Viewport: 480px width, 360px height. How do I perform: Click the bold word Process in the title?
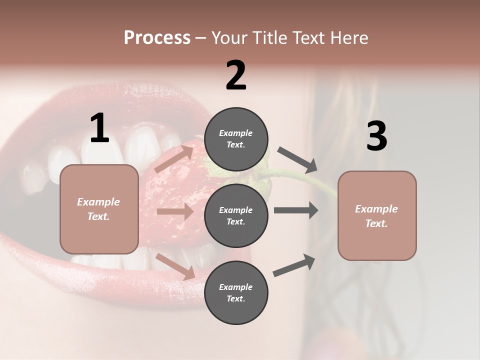pos(157,38)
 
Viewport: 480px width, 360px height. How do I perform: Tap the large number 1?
pos(99,128)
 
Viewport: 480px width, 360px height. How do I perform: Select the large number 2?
pos(236,75)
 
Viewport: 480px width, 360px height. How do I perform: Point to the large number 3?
pos(376,136)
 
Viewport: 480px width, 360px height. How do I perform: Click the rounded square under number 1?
pos(99,209)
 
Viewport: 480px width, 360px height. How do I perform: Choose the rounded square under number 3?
pos(377,216)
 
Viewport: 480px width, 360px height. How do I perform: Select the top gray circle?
pos(236,139)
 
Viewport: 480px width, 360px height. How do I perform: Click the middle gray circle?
pos(236,216)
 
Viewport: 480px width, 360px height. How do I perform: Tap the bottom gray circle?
pos(236,293)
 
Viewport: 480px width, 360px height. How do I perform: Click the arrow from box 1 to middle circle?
pos(175,212)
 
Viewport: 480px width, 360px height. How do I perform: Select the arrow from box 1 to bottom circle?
pos(175,266)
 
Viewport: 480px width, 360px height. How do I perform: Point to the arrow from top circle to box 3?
pos(297,159)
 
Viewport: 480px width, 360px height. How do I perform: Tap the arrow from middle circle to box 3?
pos(296,210)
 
